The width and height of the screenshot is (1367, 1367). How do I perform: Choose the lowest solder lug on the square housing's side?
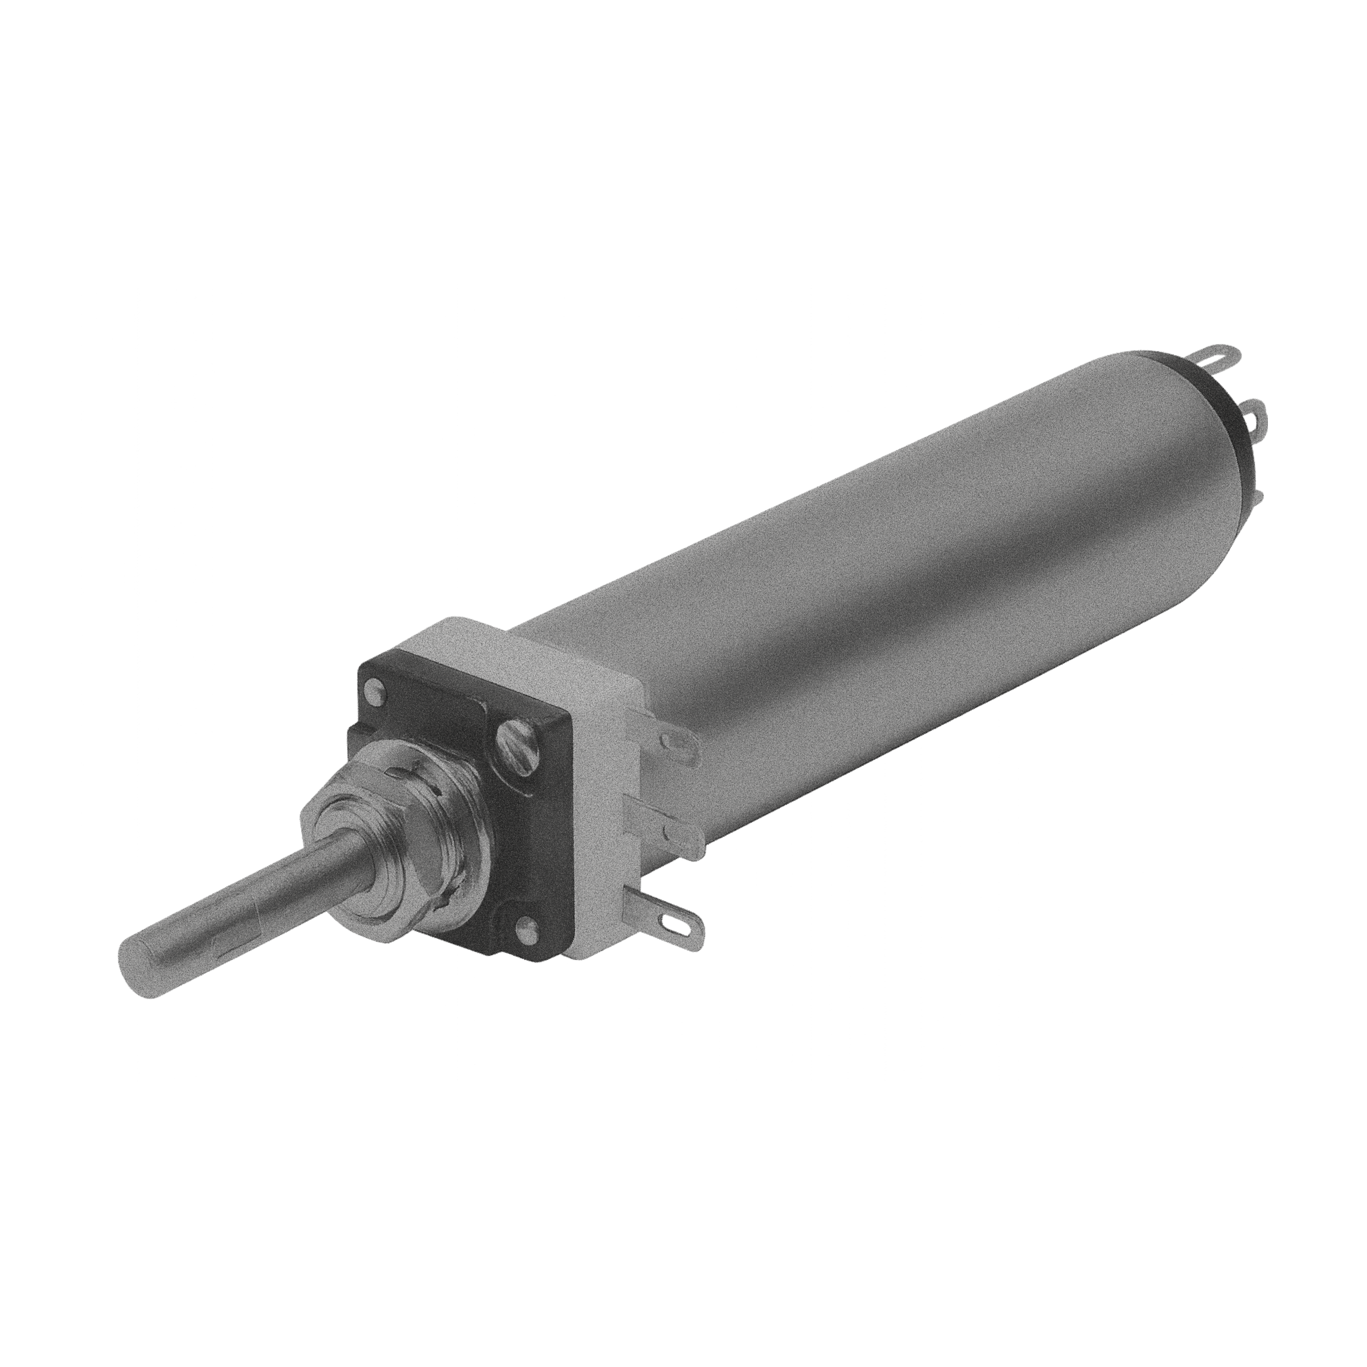(x=679, y=920)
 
